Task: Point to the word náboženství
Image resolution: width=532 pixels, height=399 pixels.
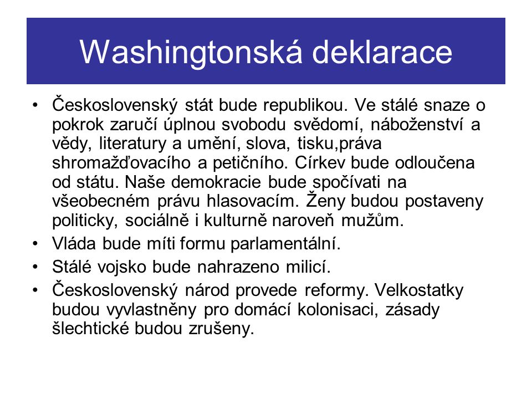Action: coord(417,125)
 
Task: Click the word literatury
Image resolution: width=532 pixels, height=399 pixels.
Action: coord(132,144)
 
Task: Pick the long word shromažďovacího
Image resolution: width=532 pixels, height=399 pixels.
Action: coord(121,163)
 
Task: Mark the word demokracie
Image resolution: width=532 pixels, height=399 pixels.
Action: coord(216,182)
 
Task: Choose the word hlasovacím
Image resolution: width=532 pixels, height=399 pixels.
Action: coord(253,202)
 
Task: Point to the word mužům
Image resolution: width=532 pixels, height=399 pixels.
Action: coord(372,221)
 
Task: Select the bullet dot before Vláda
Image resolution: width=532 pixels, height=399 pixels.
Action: coord(35,244)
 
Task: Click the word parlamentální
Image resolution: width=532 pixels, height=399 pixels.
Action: coord(285,244)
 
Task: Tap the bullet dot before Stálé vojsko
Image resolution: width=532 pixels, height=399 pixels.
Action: coord(35,267)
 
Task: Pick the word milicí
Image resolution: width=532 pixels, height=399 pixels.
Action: coord(308,267)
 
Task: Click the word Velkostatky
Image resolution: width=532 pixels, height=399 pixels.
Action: coord(419,290)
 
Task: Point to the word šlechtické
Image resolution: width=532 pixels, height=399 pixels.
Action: coord(90,329)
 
